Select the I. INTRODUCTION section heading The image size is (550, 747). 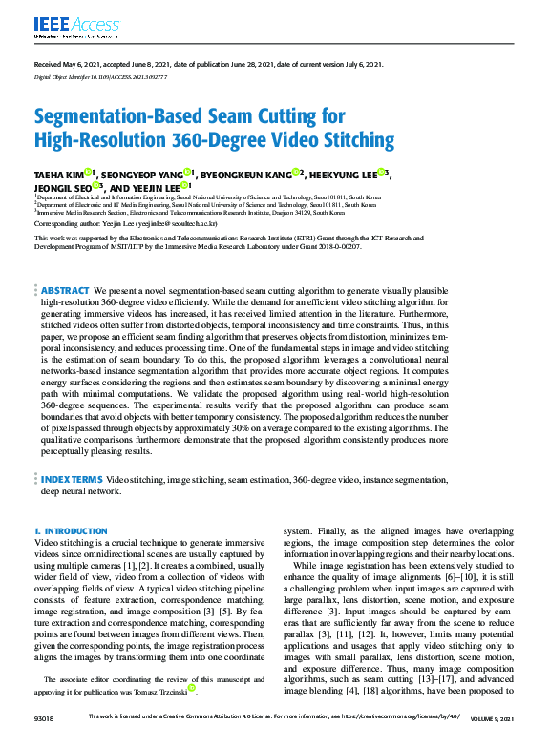coord(71,530)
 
